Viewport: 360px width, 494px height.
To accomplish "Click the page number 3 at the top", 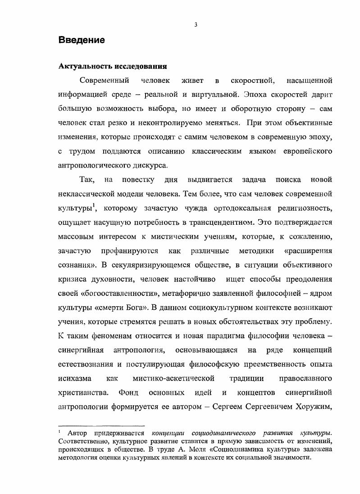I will (196, 25).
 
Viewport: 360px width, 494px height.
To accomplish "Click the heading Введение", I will (82, 40).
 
